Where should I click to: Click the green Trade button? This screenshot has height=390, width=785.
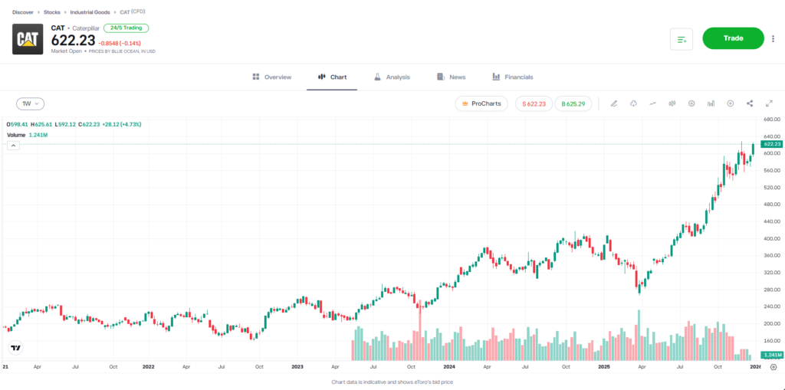point(733,38)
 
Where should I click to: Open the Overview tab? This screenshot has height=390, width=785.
point(272,77)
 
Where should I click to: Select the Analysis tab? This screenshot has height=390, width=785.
point(392,77)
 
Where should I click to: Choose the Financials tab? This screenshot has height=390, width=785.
point(513,77)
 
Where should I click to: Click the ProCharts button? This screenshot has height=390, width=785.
point(481,103)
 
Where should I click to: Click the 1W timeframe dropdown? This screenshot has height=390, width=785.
point(31,103)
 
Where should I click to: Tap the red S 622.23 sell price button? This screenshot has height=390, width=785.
point(534,103)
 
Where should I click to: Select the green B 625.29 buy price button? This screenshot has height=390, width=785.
point(573,103)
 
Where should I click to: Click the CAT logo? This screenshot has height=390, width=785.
point(28,39)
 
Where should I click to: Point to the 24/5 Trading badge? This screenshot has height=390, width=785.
point(126,28)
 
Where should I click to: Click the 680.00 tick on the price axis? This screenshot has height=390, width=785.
point(770,120)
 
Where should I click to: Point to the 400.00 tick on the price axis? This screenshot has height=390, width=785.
point(770,238)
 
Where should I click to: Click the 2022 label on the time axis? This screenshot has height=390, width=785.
point(149,367)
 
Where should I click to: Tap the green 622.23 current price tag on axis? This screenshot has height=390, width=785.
point(771,144)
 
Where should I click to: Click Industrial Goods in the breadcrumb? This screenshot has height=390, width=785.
point(90,12)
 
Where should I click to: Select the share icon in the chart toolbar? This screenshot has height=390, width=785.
point(749,103)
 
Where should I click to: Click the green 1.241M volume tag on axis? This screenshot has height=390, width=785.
point(770,356)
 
